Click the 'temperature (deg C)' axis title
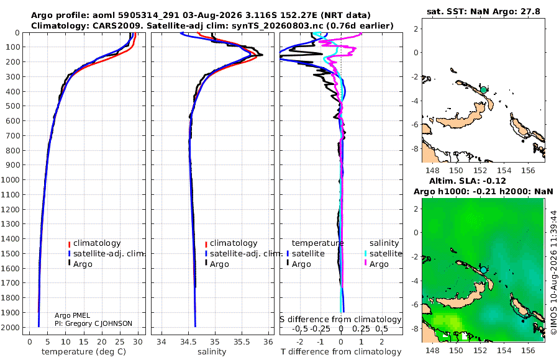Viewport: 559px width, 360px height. coord(84,351)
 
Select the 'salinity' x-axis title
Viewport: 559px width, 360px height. coord(212,351)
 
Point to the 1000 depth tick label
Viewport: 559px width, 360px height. coord(10,179)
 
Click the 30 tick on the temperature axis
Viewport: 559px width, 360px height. coord(138,342)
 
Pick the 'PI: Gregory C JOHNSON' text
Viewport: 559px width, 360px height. coord(93,323)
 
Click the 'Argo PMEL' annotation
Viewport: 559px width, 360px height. coord(73,315)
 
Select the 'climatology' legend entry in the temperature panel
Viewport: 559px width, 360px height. coord(94,243)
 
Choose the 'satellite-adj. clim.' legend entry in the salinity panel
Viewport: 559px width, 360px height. coord(243,253)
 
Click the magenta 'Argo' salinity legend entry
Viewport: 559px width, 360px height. coord(377,264)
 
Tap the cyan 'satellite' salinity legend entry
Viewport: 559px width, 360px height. coord(383,253)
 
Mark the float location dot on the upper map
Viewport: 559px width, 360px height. coord(483,90)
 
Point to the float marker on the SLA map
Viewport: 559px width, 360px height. coord(483,270)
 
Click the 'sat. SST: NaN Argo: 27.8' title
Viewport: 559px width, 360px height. coord(483,11)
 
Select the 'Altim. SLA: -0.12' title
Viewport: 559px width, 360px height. coord(467,181)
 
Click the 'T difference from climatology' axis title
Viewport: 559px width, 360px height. coord(341,351)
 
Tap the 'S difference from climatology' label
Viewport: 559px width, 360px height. coord(340,320)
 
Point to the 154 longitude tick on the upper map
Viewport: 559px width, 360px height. coord(504,170)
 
